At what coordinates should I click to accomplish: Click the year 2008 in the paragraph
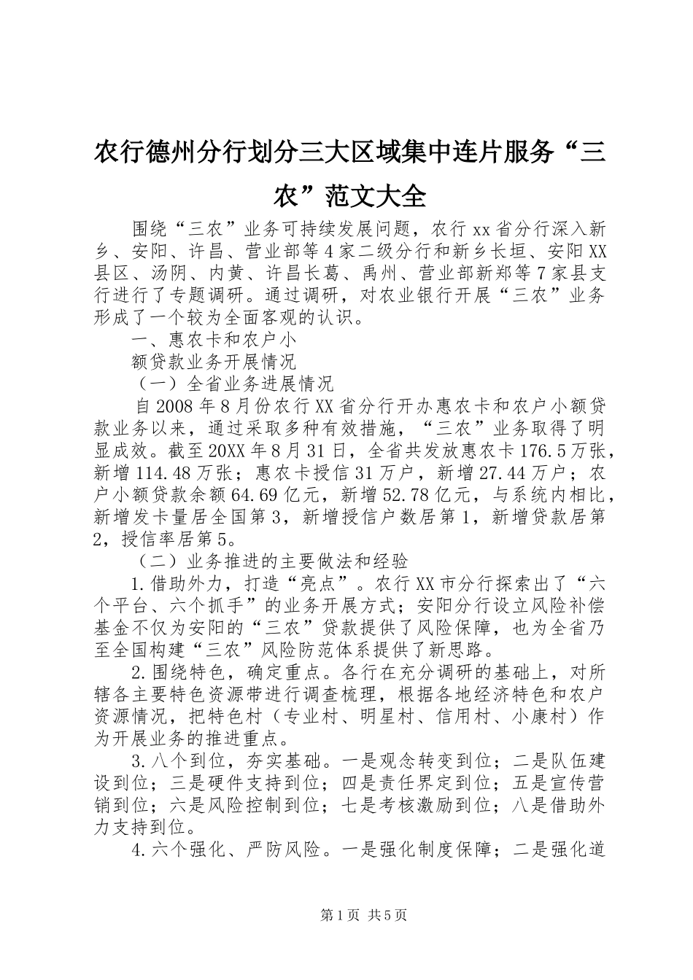[x=174, y=405]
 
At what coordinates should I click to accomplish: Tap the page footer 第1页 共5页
[x=346, y=915]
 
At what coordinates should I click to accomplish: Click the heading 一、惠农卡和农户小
[x=213, y=339]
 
